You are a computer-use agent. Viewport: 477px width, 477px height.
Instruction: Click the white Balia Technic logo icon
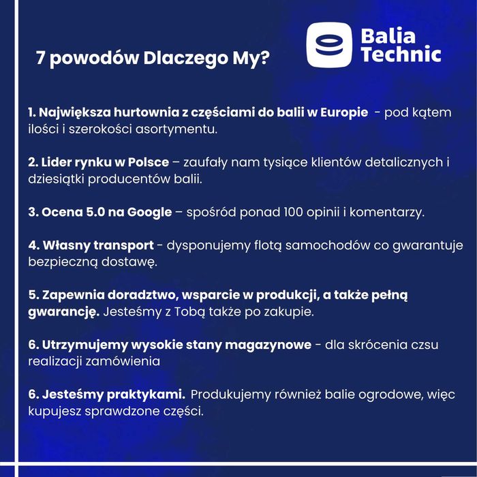[x=328, y=46]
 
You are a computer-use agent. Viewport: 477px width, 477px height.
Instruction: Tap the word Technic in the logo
[x=401, y=55]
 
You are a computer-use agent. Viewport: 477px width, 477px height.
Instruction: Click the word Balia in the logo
[x=388, y=35]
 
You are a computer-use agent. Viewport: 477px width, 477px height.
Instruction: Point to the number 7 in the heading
[x=41, y=59]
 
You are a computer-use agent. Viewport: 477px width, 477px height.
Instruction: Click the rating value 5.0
[x=95, y=213]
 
